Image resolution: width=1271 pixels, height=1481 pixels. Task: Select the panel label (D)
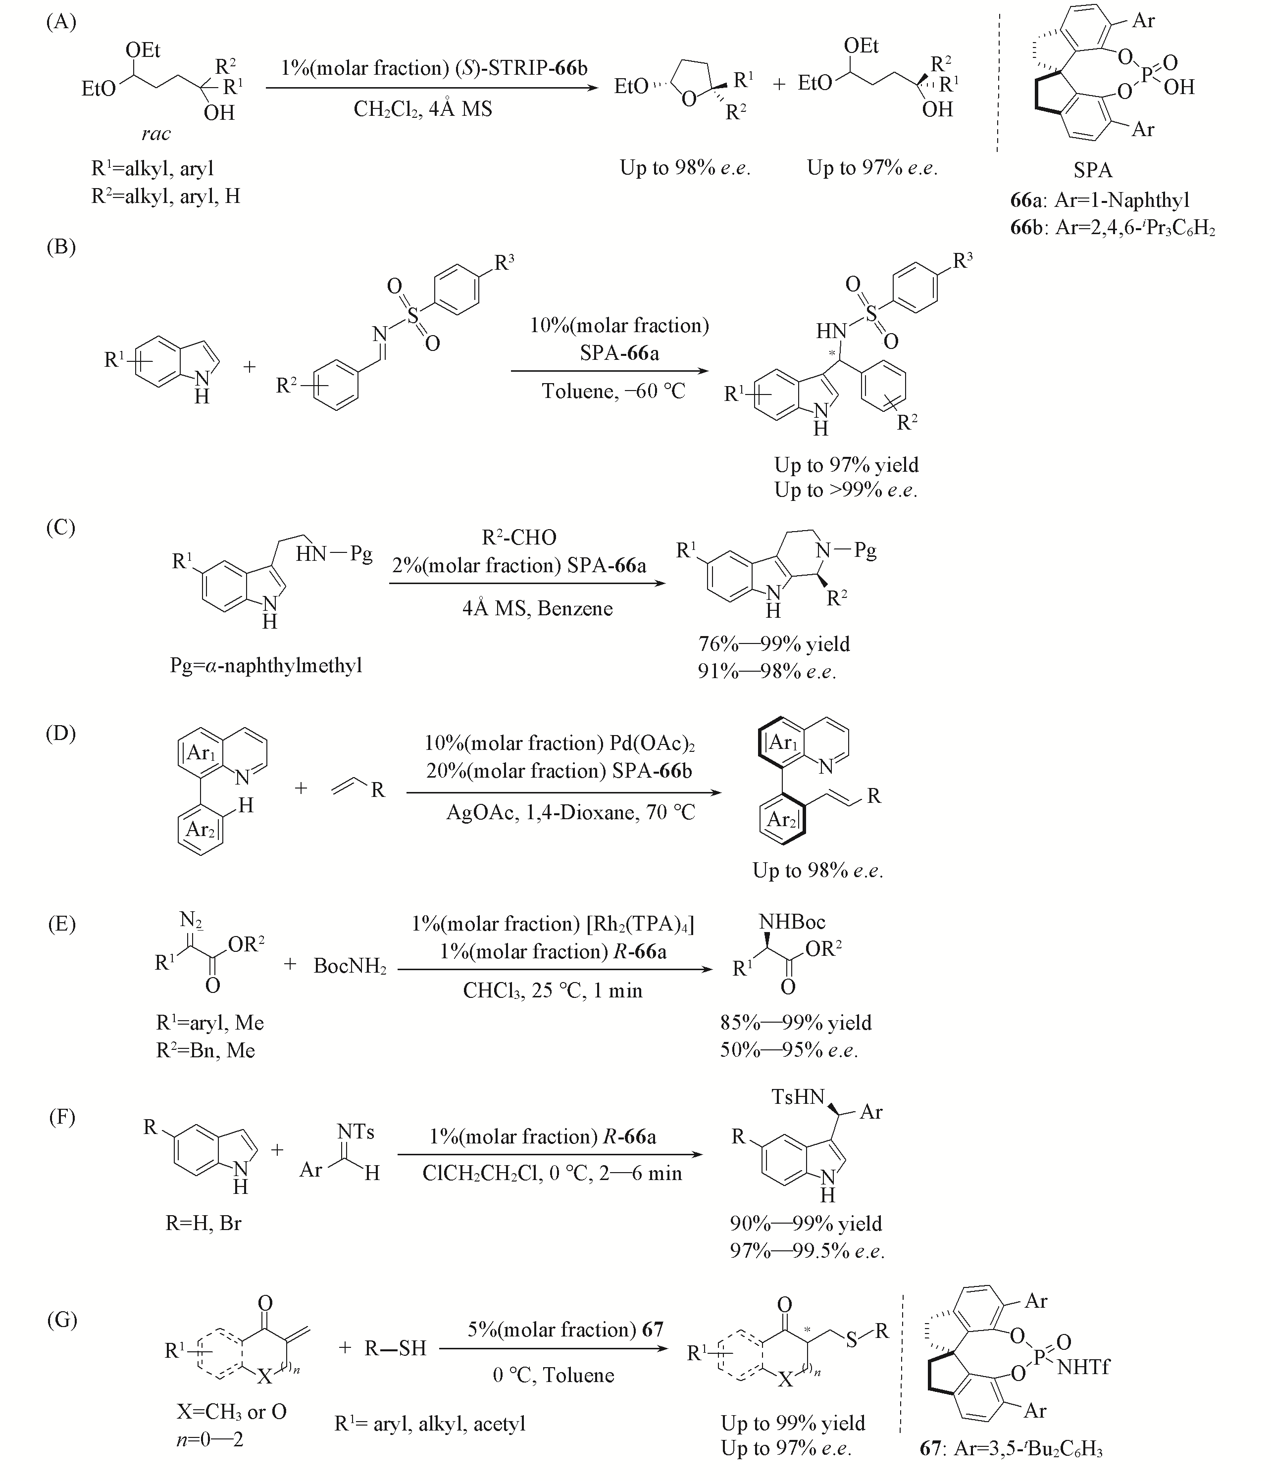tap(61, 734)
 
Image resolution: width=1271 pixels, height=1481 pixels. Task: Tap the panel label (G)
tap(62, 1319)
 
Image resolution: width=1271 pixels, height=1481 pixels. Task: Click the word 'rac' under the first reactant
tap(156, 134)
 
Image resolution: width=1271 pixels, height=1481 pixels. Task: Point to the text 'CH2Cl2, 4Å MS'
tap(422, 109)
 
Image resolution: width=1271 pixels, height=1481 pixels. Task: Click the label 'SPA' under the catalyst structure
tap(1092, 170)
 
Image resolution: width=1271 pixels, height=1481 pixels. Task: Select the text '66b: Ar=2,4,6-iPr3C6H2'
tap(1112, 228)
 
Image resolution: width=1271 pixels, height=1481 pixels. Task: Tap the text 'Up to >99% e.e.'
tap(846, 491)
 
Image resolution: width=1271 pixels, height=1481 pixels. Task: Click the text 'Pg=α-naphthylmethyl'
tap(266, 665)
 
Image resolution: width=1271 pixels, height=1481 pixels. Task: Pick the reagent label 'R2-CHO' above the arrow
tap(519, 537)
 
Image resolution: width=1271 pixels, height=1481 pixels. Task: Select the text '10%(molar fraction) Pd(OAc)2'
tap(559, 743)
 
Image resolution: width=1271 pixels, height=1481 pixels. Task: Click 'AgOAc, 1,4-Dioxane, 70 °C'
tap(570, 813)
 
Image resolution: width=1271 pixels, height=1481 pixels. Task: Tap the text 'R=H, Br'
tap(203, 1223)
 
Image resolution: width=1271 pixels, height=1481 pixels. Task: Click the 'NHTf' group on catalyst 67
tap(1083, 1367)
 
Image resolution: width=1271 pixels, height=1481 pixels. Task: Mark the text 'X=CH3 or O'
tap(231, 1412)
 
